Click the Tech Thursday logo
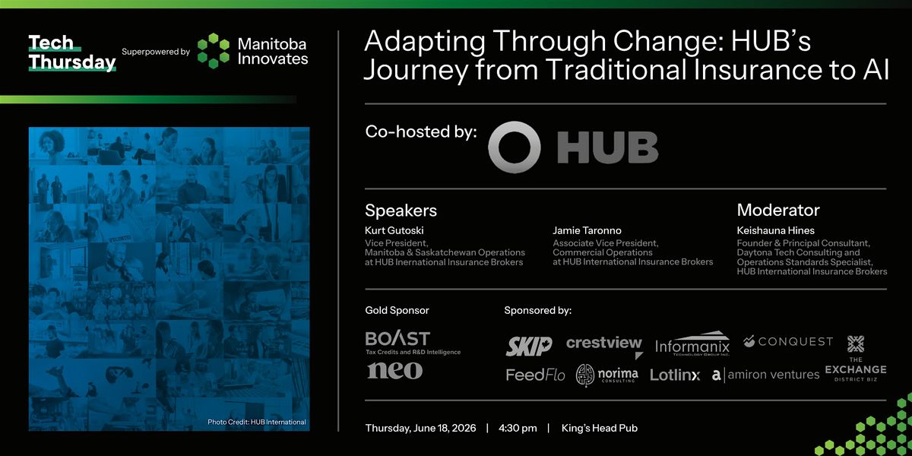click(x=72, y=53)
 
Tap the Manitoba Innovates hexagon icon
click(x=214, y=51)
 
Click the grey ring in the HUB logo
click(x=515, y=147)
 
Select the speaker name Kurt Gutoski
click(x=394, y=230)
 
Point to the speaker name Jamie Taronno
click(x=587, y=230)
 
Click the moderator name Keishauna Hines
click(x=776, y=230)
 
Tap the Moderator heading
click(x=778, y=210)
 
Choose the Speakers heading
click(x=401, y=211)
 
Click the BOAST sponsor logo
click(x=413, y=343)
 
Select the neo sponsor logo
click(x=395, y=371)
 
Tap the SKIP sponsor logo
click(x=529, y=346)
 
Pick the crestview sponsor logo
click(x=604, y=345)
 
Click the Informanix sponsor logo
click(x=692, y=344)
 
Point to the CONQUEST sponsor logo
click(x=788, y=341)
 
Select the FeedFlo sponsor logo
click(x=535, y=375)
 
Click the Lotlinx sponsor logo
click(x=675, y=375)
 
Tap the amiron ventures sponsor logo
click(x=765, y=375)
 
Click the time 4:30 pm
click(x=518, y=428)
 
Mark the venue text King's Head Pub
click(x=600, y=428)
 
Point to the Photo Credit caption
click(x=257, y=422)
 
